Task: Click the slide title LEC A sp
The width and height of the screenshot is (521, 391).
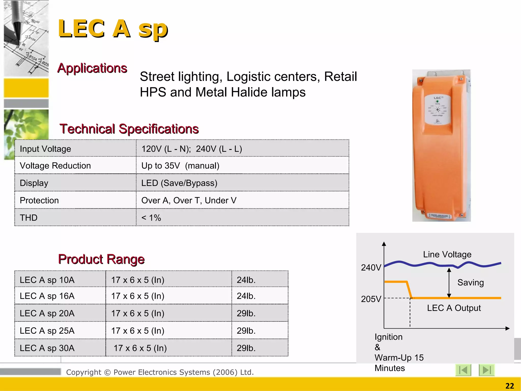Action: click(113, 29)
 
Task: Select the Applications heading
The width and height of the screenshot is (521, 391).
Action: click(92, 68)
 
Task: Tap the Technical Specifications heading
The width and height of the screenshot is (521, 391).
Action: click(129, 129)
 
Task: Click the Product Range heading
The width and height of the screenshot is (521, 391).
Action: click(101, 259)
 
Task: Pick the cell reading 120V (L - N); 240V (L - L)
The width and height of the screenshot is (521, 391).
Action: click(192, 149)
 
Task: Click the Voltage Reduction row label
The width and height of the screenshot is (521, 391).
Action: click(55, 166)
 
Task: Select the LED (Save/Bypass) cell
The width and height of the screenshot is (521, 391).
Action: click(179, 183)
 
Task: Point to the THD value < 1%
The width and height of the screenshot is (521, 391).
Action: click(151, 218)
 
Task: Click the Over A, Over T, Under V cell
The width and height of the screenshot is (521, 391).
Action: click(189, 200)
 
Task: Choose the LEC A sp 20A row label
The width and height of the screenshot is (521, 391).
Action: click(47, 313)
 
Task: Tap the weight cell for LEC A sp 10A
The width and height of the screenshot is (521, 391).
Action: click(246, 280)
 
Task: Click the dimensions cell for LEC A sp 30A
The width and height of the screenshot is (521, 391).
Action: click(140, 348)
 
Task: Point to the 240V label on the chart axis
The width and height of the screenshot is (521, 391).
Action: click(371, 268)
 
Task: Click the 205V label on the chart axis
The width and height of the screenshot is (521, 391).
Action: click(371, 299)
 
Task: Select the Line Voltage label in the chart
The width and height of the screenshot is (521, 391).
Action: click(447, 254)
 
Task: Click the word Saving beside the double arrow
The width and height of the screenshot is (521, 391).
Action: click(470, 283)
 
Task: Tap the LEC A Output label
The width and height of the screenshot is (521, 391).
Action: click(454, 308)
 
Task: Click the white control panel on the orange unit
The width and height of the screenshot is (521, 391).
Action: click(438, 109)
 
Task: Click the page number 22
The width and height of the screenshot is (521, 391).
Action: click(510, 386)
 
